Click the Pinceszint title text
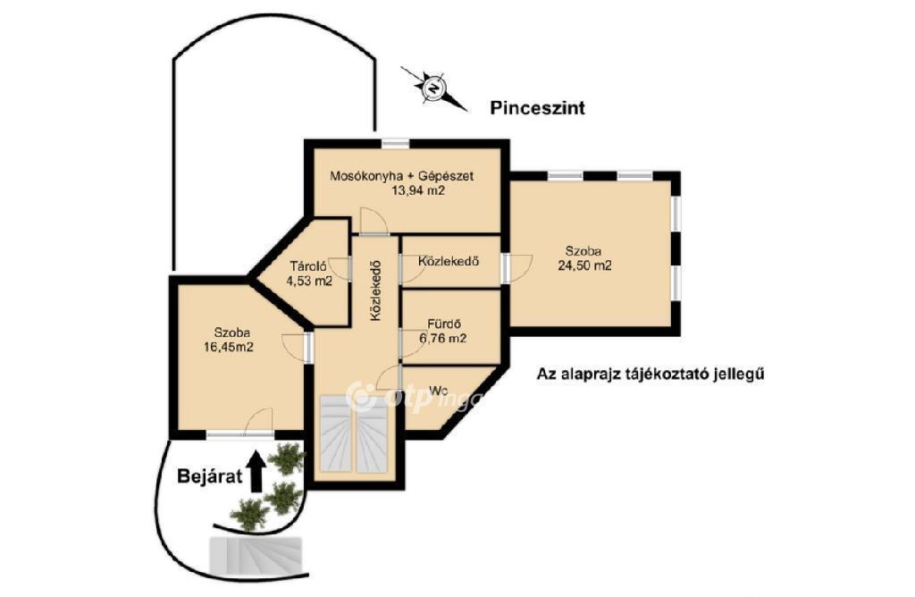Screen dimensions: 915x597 537,108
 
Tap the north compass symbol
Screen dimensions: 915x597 433,88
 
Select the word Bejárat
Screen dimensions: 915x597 209,476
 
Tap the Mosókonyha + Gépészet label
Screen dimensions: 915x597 401,175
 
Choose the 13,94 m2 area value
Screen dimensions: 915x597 418,189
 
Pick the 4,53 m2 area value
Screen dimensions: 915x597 308,281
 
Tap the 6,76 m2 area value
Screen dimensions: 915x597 443,338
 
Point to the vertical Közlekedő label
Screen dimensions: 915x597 376,290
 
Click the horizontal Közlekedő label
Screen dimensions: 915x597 449,261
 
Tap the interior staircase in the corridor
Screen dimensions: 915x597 355,433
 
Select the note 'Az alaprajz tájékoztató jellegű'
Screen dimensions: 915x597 651,374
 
